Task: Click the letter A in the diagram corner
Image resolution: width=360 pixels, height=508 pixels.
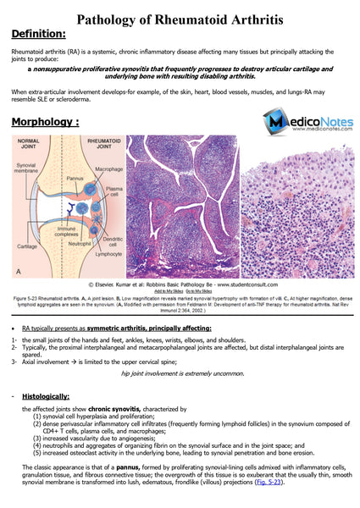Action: click(x=19, y=271)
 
